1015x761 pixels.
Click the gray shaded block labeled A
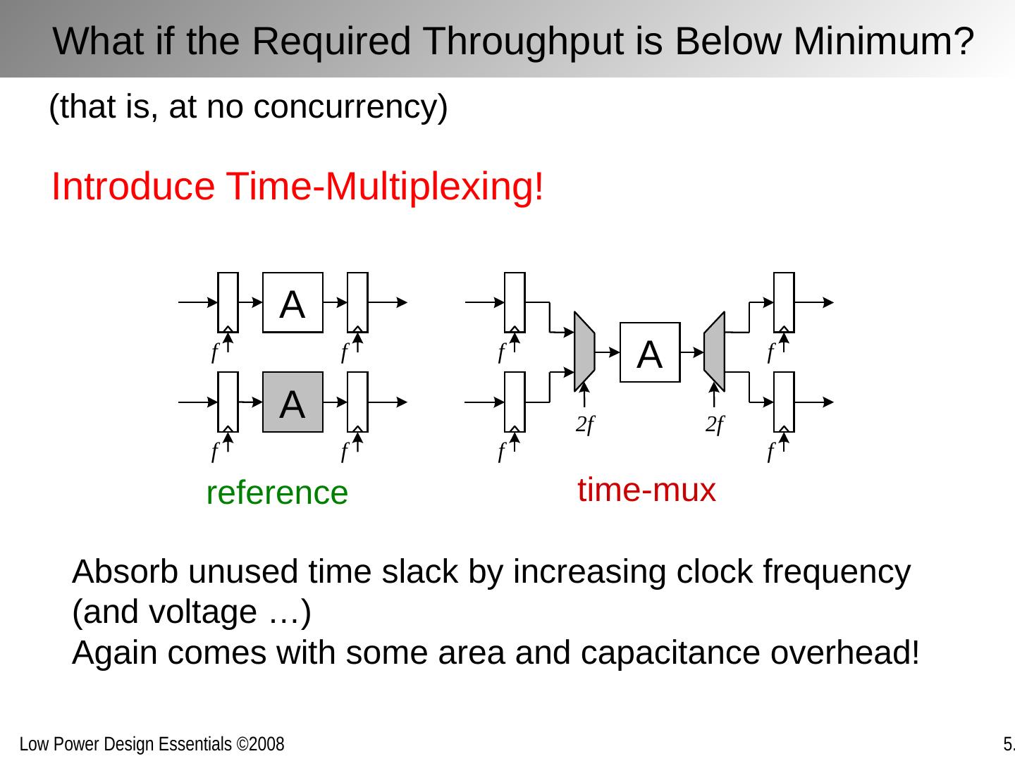pos(293,402)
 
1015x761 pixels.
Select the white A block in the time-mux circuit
pos(650,352)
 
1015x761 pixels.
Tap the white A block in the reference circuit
pos(293,302)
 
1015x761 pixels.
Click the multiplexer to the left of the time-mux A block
pos(584,351)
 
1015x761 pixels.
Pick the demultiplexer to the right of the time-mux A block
pos(714,351)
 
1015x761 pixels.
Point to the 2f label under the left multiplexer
pos(585,425)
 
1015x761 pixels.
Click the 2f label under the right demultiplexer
pos(715,425)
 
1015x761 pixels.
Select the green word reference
pos(277,493)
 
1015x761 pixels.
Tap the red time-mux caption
pos(646,490)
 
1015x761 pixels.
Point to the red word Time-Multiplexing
pos(386,187)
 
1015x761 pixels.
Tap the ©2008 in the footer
pos(260,744)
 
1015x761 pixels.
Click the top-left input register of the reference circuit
pos(228,302)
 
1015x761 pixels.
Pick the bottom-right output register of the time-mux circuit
pos(784,402)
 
